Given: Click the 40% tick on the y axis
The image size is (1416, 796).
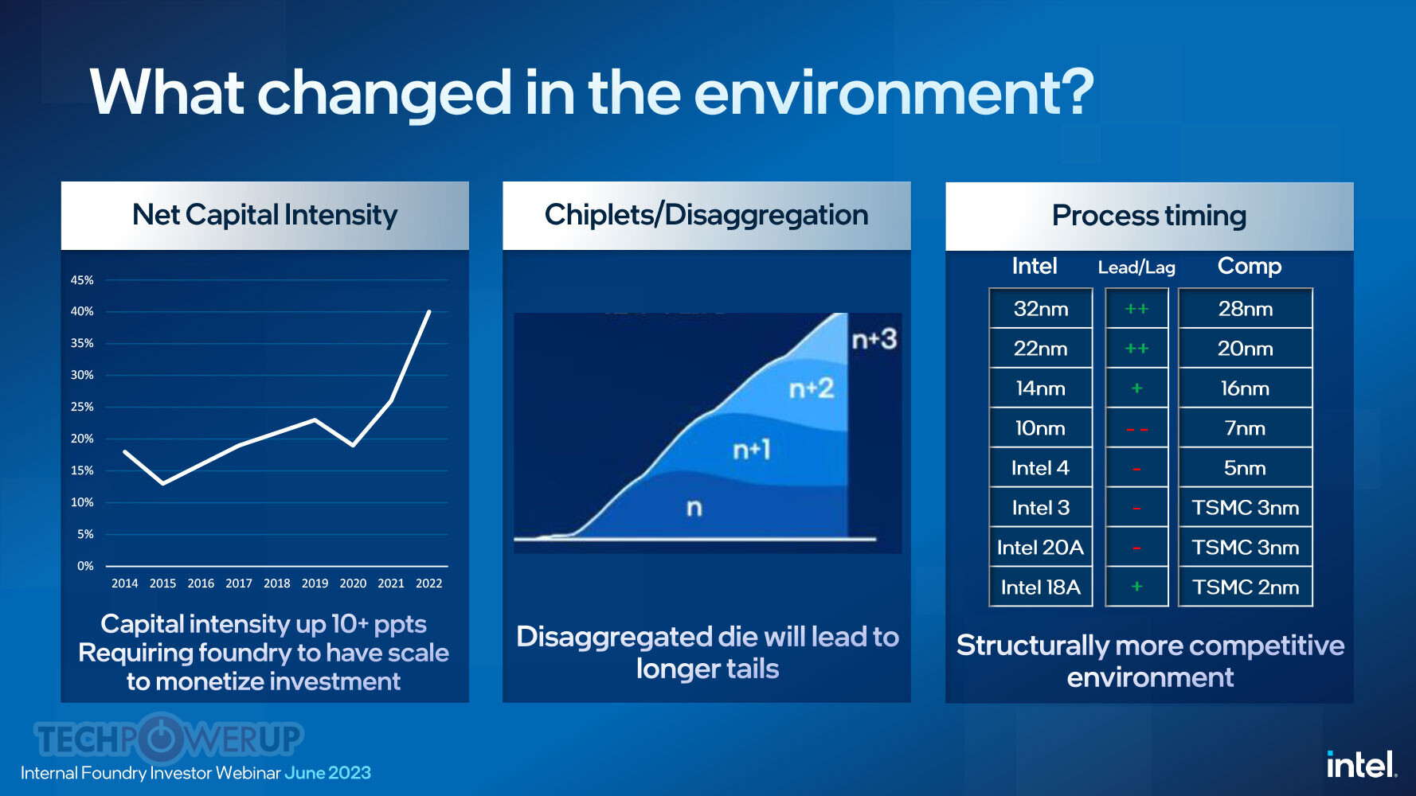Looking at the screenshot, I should [82, 311].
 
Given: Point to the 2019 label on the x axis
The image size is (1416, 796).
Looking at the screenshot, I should [315, 583].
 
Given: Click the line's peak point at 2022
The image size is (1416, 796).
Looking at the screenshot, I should [429, 312].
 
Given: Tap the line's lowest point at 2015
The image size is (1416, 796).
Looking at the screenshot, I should [163, 483].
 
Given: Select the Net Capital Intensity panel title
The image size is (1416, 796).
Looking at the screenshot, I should [264, 215].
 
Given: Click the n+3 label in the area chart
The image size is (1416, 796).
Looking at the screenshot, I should [874, 340].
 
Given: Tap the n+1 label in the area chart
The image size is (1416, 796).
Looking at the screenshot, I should [751, 451].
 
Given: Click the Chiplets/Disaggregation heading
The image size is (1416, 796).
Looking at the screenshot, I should [706, 215].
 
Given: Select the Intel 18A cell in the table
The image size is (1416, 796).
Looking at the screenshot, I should [1040, 587].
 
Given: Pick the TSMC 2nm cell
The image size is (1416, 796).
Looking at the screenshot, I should [1245, 587].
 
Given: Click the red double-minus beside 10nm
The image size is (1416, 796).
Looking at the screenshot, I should [1136, 429].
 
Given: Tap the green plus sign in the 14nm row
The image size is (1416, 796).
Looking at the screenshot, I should [1136, 388].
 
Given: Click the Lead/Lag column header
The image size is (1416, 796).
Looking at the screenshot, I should [1136, 267].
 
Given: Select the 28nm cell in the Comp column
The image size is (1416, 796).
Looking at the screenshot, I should [1245, 309].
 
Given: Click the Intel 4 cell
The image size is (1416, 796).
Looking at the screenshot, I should [1040, 468].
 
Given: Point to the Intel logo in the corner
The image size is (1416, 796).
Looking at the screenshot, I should [1360, 765].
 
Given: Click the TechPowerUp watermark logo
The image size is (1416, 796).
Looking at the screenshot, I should [168, 738].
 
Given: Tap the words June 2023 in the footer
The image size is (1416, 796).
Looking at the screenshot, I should [327, 773].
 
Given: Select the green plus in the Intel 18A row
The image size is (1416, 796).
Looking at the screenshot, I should [1136, 587].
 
